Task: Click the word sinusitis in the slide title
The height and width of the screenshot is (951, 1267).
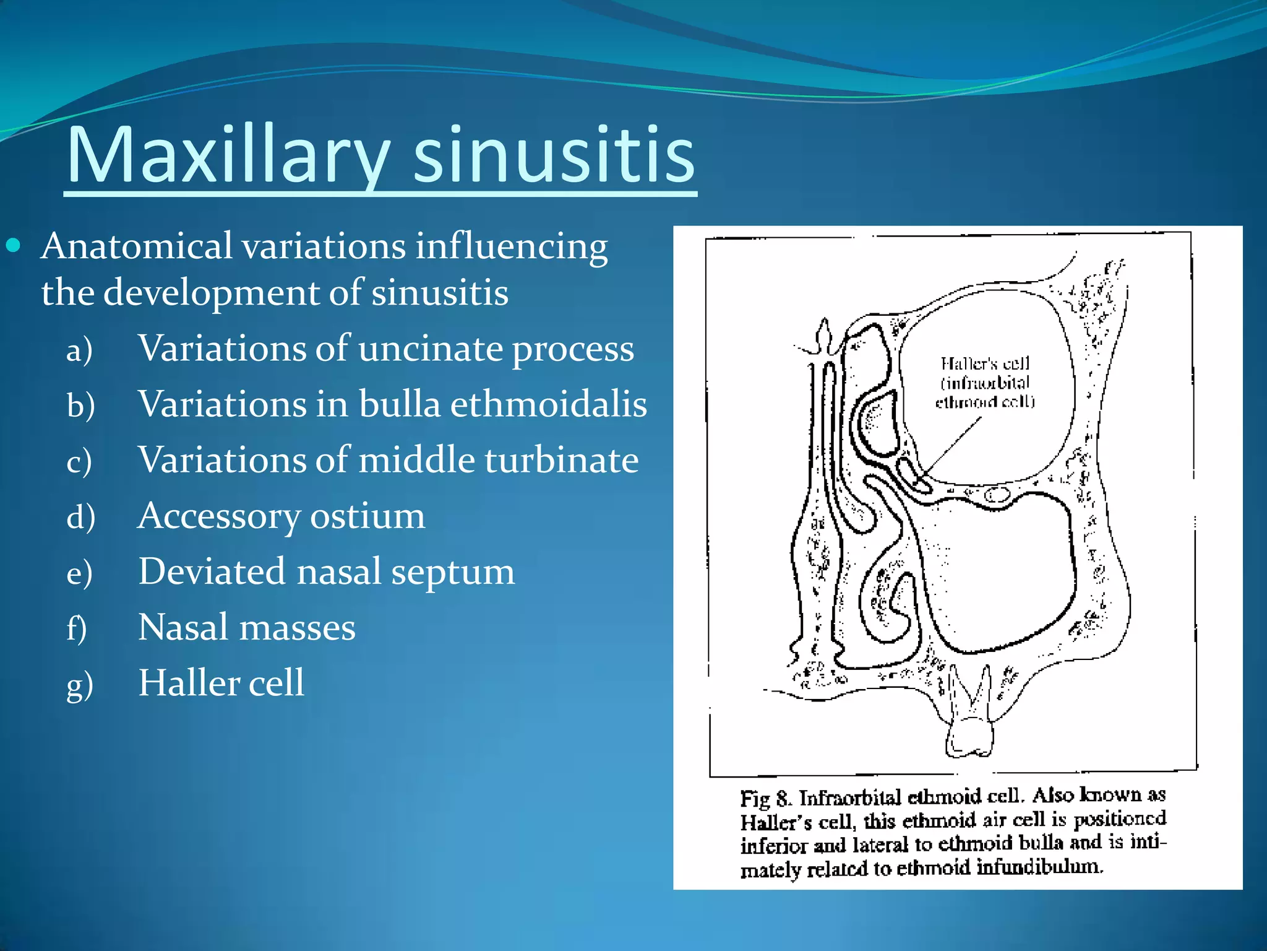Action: (x=554, y=155)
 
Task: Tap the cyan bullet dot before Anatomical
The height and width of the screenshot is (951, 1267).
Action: (x=13, y=246)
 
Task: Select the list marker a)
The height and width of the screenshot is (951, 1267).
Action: (x=80, y=350)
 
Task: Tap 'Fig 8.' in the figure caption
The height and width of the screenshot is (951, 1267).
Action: (x=766, y=798)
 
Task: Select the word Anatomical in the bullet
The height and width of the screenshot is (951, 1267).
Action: (x=137, y=246)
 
